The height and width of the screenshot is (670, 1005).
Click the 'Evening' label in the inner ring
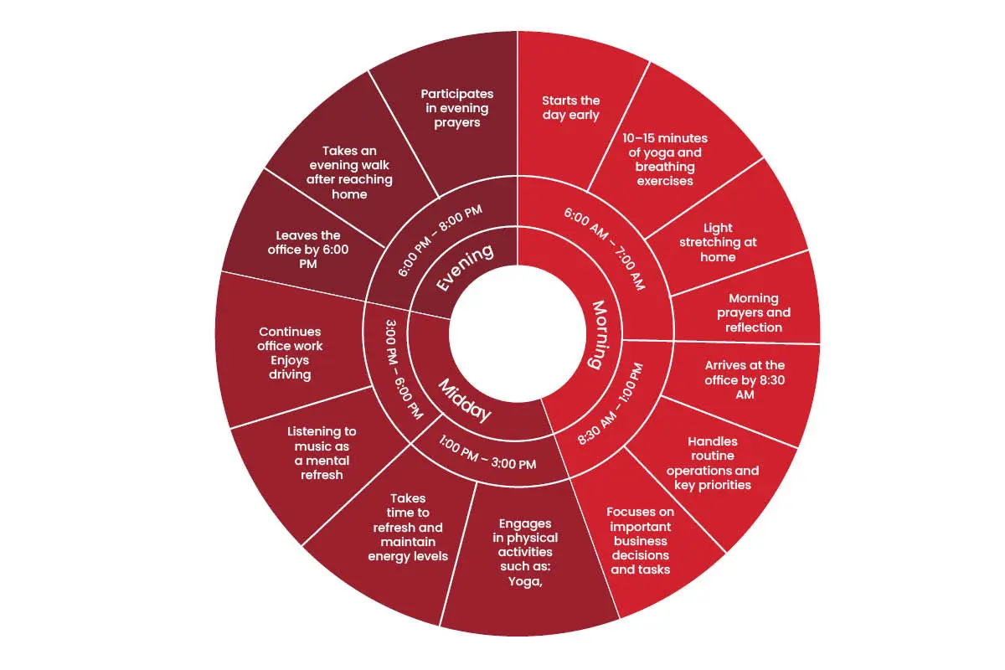(465, 267)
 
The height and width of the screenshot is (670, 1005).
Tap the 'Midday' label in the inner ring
(465, 400)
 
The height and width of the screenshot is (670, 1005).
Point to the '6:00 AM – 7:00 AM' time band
(605, 248)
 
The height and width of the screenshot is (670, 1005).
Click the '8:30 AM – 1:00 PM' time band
(611, 404)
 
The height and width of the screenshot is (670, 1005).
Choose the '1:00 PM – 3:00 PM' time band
(487, 453)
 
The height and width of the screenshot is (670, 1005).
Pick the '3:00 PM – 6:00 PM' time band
(404, 369)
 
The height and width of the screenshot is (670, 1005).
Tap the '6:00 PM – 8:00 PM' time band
(440, 240)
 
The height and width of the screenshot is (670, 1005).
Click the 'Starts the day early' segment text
(570, 108)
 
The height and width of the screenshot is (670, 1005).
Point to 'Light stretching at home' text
(718, 242)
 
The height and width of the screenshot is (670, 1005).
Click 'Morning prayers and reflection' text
(754, 312)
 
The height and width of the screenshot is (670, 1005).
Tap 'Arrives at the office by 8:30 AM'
(745, 379)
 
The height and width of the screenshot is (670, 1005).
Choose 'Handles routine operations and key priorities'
(713, 462)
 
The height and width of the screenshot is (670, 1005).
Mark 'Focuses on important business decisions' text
(640, 533)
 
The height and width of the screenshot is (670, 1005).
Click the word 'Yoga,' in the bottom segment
(525, 581)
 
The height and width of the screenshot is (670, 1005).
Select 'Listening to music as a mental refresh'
(322, 453)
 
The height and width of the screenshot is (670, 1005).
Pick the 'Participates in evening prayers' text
(456, 108)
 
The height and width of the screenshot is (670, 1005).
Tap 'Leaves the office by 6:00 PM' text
(308, 250)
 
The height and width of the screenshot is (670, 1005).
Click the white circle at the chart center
(518, 333)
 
